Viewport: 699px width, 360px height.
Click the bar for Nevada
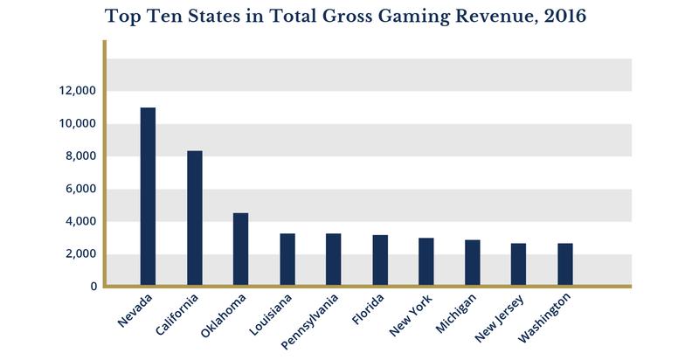[x=148, y=197]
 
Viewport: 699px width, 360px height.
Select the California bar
[x=194, y=218]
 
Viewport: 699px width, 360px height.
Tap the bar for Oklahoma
[x=240, y=249]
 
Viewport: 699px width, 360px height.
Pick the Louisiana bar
[x=287, y=260]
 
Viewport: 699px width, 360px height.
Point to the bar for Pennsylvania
[x=333, y=260]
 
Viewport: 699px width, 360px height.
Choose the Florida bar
[x=380, y=260]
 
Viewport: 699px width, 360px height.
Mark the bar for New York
[x=426, y=262]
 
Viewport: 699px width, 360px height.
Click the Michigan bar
[x=472, y=263]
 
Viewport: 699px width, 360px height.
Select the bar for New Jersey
[x=518, y=265]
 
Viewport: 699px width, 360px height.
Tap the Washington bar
[x=564, y=265]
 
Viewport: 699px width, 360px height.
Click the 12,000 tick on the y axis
[x=76, y=91]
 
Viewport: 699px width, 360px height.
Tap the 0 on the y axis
[x=91, y=287]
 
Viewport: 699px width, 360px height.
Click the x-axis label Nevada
[x=135, y=310]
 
